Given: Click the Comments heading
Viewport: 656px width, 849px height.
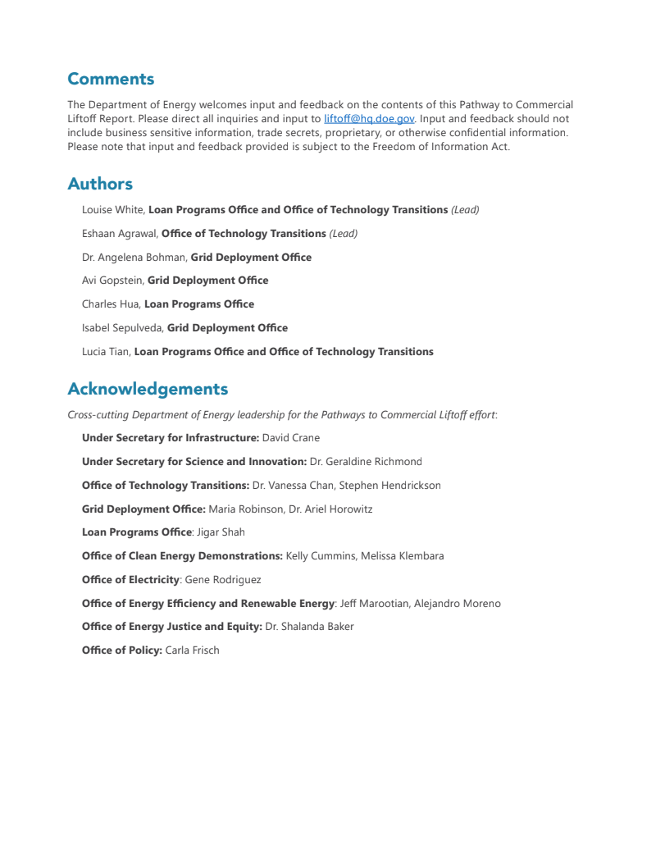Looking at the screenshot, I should point(111,80).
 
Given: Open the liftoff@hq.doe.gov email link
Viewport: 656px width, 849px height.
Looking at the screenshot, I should point(369,119).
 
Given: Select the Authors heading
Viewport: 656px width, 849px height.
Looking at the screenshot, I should point(100,184).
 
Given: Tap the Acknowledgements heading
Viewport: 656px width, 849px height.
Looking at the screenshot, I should point(148,389).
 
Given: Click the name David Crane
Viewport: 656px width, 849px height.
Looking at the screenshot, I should point(291,438).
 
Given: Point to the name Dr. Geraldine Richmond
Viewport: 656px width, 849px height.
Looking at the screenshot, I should point(366,462).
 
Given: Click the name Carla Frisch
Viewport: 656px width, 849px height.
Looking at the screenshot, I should point(193,650).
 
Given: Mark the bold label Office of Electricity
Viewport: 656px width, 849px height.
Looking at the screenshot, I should point(130,580).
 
